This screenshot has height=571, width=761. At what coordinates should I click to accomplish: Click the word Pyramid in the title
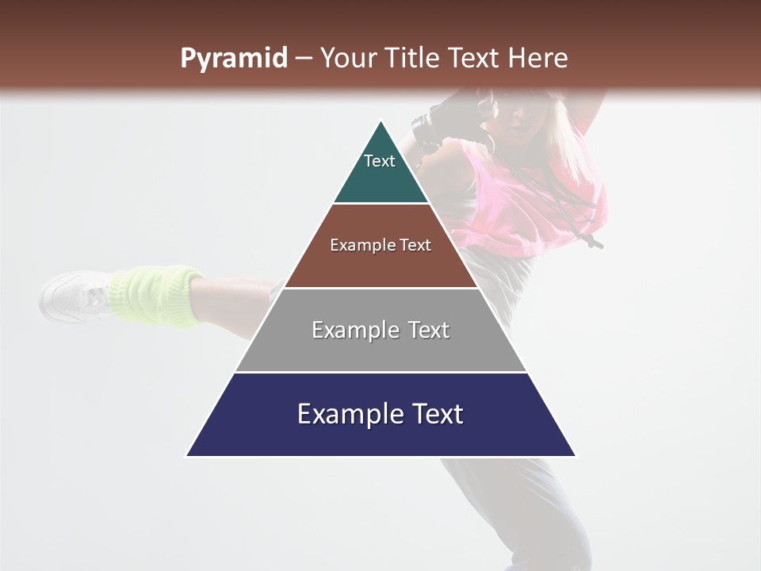233,59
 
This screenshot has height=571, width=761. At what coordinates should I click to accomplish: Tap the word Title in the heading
414,59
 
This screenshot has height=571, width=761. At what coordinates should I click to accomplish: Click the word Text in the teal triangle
380,161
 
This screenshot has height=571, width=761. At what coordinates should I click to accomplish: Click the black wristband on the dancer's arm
426,131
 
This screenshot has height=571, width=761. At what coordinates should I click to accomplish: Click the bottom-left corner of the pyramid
187,456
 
